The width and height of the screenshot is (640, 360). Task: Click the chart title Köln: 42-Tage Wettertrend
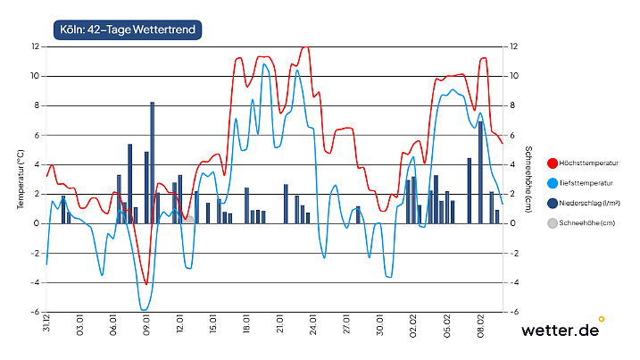pos(128,29)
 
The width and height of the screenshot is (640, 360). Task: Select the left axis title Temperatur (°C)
pos(20,180)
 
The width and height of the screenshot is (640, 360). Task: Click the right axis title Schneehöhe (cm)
pos(528,180)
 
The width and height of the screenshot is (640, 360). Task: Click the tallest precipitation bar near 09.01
pos(152,163)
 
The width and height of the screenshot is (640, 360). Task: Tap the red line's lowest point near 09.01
pos(146,284)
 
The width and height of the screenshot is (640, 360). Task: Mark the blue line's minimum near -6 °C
pos(144,310)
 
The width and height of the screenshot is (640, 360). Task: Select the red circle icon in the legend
pos(552,163)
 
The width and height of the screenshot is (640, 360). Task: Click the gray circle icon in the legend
pos(552,222)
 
